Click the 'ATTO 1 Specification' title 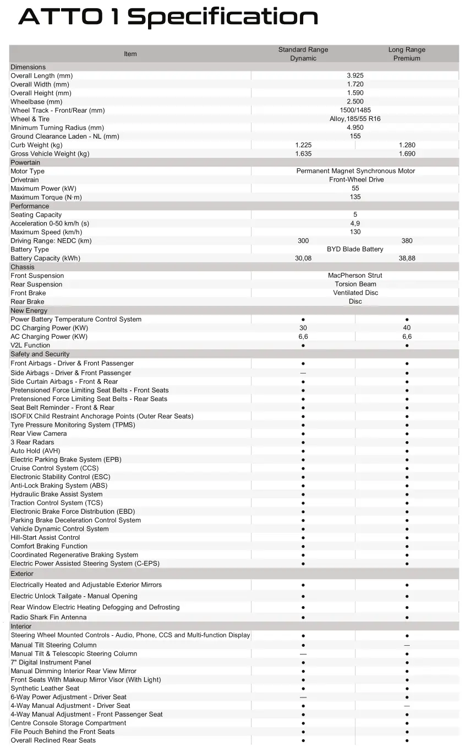[x=168, y=17]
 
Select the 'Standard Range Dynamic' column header [x=303, y=54]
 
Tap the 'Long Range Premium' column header [x=407, y=54]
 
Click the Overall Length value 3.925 [x=355, y=75]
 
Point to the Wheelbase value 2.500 [x=355, y=102]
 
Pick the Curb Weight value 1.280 [x=407, y=145]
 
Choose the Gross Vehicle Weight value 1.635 [x=303, y=154]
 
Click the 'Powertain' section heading [x=25, y=163]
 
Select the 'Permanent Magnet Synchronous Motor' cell [x=355, y=171]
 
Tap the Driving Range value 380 [x=407, y=241]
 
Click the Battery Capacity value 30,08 [x=303, y=259]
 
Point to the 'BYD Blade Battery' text [x=355, y=250]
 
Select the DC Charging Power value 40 [x=407, y=328]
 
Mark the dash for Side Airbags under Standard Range [x=303, y=373]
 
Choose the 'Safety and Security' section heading [x=40, y=354]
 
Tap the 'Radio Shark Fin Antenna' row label [x=48, y=617]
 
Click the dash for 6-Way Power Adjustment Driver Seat [x=303, y=697]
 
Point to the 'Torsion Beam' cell [x=355, y=284]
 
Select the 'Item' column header [x=130, y=54]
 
